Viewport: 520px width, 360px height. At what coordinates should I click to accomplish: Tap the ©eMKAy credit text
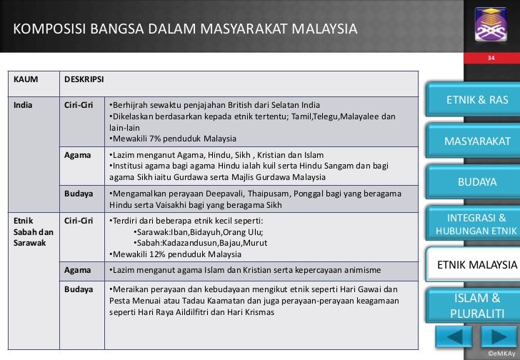[x=498, y=354]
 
